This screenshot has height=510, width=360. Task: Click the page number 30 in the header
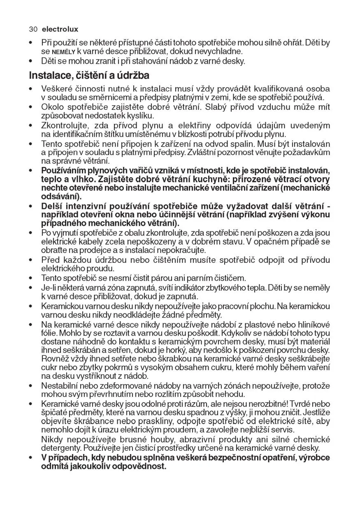(33, 30)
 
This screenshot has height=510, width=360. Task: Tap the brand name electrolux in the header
(60, 30)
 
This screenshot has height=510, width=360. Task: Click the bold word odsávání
(61, 196)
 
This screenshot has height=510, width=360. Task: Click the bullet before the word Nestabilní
(31, 386)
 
